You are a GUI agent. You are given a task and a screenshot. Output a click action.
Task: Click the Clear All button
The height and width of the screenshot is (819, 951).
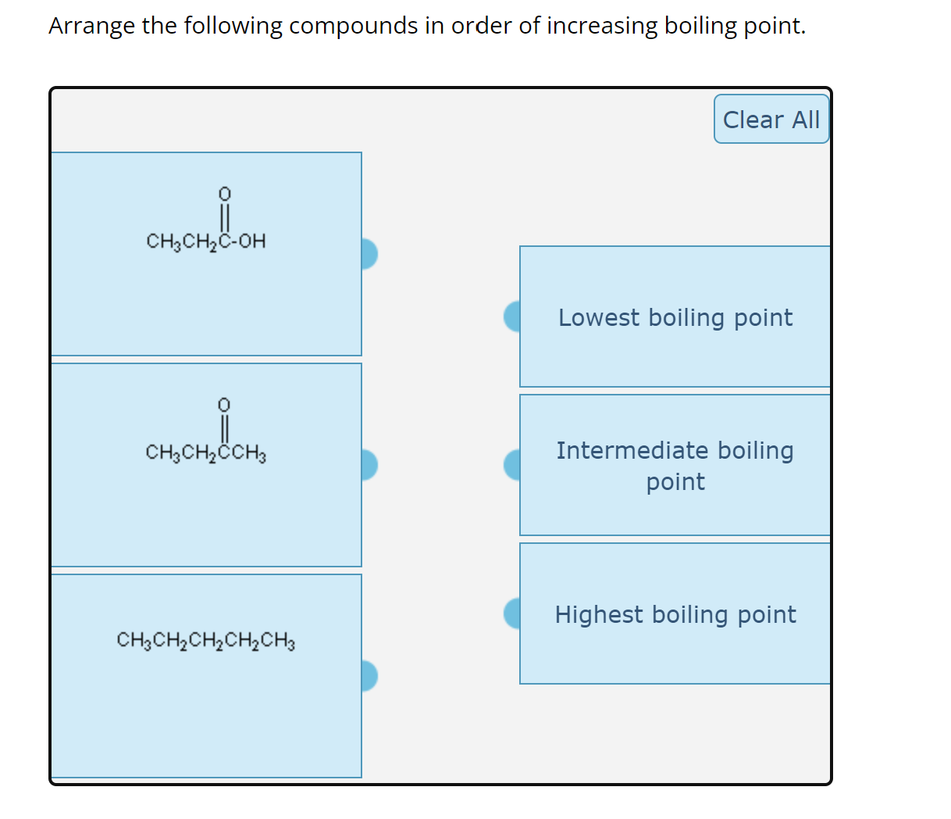[x=771, y=120]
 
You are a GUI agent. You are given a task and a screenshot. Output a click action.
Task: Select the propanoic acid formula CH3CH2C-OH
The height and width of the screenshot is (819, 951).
[x=205, y=241]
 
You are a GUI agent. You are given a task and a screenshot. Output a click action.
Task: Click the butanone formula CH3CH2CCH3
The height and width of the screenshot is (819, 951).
[x=205, y=452]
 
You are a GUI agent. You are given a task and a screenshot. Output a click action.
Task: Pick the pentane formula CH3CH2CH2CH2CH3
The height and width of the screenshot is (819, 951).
[x=205, y=641]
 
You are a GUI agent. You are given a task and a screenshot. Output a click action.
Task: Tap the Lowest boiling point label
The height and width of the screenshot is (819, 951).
[x=675, y=317]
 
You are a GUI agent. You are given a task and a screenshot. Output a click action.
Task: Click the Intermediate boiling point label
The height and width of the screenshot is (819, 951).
[x=675, y=466]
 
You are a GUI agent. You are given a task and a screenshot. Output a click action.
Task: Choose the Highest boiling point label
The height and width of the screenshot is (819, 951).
[x=675, y=614]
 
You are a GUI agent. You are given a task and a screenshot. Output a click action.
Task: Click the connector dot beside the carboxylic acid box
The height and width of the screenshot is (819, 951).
[x=369, y=254]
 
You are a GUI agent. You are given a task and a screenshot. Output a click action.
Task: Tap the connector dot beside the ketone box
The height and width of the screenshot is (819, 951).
[x=369, y=465]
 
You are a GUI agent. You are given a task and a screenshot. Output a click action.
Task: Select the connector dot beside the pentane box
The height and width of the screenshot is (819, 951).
[x=369, y=676]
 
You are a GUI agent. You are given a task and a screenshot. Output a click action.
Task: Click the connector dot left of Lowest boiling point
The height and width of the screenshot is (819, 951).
[x=513, y=317]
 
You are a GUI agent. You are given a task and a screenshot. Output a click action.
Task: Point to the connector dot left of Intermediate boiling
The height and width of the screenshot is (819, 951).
[x=513, y=465]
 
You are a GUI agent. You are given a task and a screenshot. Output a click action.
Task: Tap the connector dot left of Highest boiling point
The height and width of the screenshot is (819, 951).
[x=513, y=613]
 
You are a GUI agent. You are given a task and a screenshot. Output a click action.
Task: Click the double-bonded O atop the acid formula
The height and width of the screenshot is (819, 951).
[x=224, y=193]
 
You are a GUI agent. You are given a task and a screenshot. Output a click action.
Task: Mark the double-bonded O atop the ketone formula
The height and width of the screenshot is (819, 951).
[x=224, y=404]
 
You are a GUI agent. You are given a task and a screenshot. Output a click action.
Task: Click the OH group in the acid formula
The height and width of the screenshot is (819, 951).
[x=251, y=241]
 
